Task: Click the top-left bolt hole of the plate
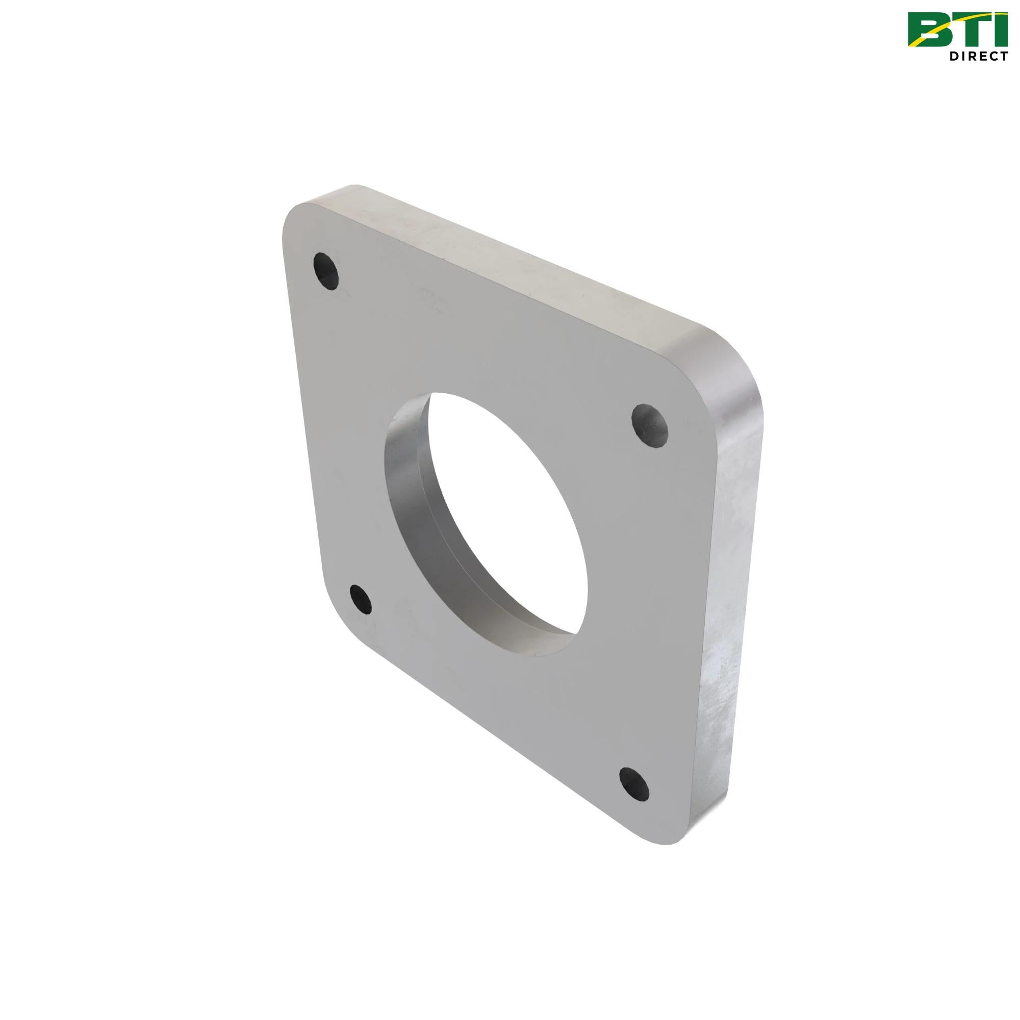pyautogui.click(x=326, y=270)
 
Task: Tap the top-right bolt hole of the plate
pyautogui.click(x=650, y=425)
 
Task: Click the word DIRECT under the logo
pyautogui.click(x=979, y=56)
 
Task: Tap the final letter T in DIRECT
pyautogui.click(x=1004, y=56)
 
